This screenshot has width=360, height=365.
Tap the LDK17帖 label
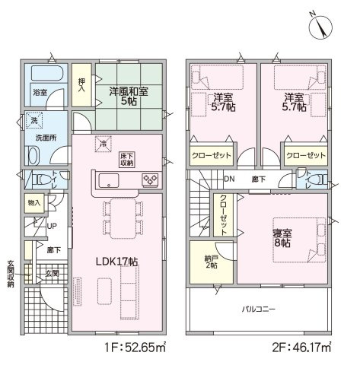point(117,262)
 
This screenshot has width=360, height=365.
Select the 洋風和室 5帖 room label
point(129,97)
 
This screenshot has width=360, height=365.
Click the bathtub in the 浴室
point(47,74)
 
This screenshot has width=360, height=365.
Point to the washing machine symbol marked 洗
point(34,121)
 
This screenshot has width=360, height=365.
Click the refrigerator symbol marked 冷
point(104,144)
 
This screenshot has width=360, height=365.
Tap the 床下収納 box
point(126,160)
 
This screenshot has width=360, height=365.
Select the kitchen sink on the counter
point(109,180)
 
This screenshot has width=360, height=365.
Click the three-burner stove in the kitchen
point(150,180)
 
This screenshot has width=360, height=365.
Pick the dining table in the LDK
point(123,218)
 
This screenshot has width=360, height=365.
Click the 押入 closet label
point(81,85)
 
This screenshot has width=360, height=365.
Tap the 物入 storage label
point(34,203)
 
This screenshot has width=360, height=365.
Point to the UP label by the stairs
point(52,226)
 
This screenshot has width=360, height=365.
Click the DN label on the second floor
point(229,179)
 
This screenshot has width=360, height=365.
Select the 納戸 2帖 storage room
point(212,262)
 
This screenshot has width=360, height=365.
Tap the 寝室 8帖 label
point(282,239)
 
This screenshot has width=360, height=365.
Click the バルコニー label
point(259,309)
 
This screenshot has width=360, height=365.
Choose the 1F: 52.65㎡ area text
point(135,348)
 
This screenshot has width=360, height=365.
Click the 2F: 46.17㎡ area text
point(301,348)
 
